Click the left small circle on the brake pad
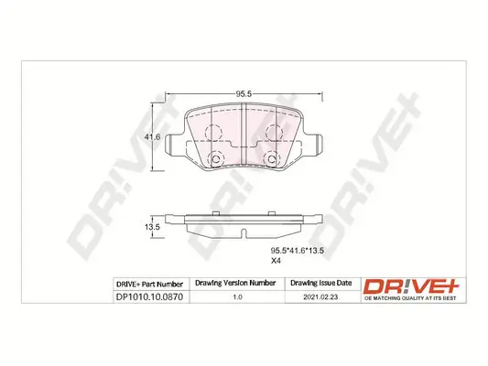pyautogui.click(x=218, y=162)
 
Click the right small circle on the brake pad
pyautogui.click(x=271, y=162)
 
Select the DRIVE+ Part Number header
pyautogui.click(x=151, y=284)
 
